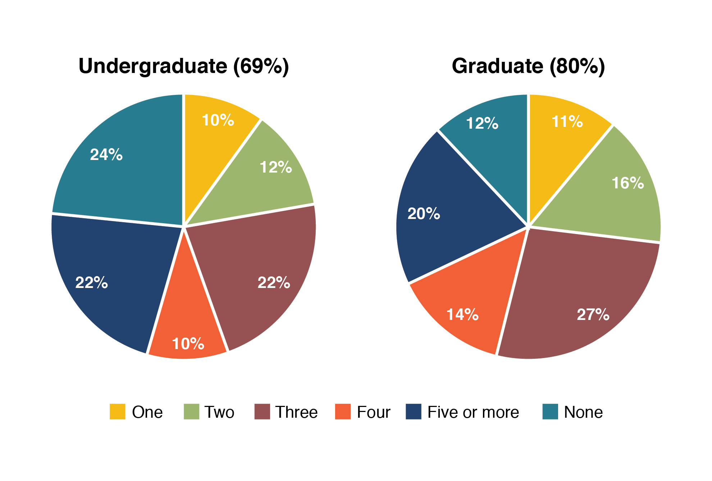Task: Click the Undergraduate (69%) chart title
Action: click(x=183, y=66)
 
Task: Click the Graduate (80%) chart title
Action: click(x=528, y=66)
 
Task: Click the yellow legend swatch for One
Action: click(x=118, y=412)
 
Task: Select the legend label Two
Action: click(x=219, y=412)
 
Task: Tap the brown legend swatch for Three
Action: click(x=262, y=412)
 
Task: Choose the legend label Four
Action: click(x=373, y=412)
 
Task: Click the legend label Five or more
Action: click(x=473, y=412)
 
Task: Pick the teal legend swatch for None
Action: click(x=550, y=412)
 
